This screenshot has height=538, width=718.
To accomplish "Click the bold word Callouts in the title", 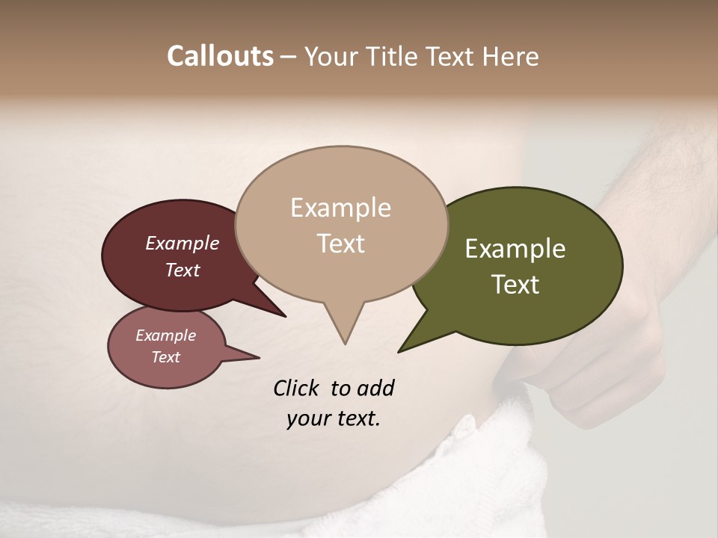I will pyautogui.click(x=220, y=56).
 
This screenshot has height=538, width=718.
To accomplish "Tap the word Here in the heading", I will pyautogui.click(x=509, y=56).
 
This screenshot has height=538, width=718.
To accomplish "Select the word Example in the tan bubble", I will pyautogui.click(x=340, y=208).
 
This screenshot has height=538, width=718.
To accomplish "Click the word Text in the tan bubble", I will pyautogui.click(x=340, y=243).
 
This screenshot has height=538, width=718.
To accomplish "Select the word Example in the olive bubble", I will pyautogui.click(x=515, y=249).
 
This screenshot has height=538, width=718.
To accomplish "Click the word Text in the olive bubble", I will pyautogui.click(x=515, y=285).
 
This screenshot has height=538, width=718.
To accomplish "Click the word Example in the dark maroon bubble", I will pyautogui.click(x=182, y=243).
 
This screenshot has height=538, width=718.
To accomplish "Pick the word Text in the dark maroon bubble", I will pyautogui.click(x=182, y=270).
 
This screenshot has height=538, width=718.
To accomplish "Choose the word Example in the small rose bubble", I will pyautogui.click(x=165, y=336).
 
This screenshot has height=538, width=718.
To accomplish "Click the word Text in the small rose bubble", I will pyautogui.click(x=165, y=357).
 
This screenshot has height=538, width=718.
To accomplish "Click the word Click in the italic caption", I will pyautogui.click(x=295, y=389).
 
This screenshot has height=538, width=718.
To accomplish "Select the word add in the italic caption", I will pyautogui.click(x=375, y=389).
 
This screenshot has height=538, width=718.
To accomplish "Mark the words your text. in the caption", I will pyautogui.click(x=333, y=418).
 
